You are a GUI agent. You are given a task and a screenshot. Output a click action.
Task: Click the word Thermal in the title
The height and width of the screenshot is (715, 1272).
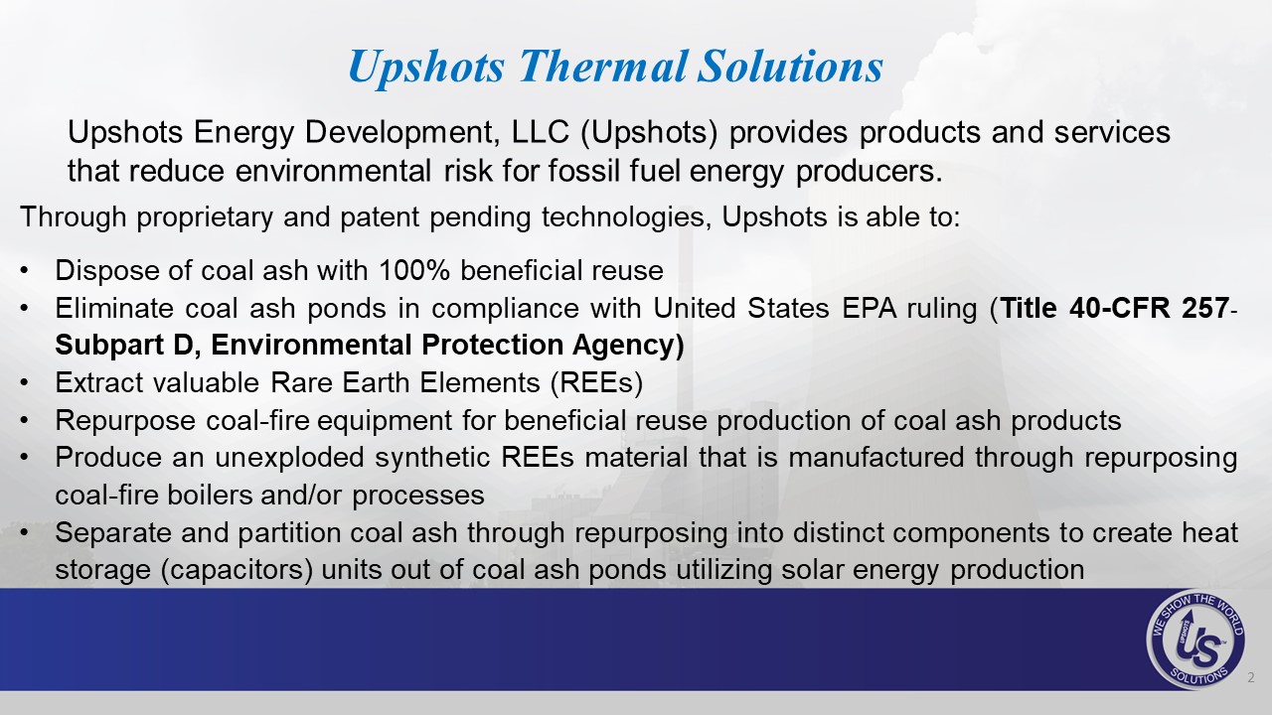point(603,66)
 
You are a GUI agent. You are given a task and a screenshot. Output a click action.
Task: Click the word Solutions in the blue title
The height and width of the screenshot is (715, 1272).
point(790,66)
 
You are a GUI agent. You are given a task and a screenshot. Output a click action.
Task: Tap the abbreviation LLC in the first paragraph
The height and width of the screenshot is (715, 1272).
point(540,132)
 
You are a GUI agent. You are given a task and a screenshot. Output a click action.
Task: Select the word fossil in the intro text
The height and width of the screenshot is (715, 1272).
point(582,170)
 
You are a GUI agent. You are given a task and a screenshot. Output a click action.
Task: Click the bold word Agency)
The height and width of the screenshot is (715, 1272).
point(628,346)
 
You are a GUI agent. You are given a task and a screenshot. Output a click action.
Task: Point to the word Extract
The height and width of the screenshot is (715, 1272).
point(98,382)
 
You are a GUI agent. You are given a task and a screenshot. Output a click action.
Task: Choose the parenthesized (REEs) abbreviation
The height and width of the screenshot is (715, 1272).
point(596,382)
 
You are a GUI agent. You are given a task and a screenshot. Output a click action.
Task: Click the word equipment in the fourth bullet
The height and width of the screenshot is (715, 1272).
point(384,421)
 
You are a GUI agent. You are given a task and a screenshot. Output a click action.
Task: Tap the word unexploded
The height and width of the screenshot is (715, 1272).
point(289,458)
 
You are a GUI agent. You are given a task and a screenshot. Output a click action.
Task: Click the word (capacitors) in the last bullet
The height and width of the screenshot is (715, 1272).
point(237,570)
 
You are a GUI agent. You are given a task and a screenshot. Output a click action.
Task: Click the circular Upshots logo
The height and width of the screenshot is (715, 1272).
point(1195,640)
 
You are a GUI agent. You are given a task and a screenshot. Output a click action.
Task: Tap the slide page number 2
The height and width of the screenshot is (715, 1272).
point(1250,677)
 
